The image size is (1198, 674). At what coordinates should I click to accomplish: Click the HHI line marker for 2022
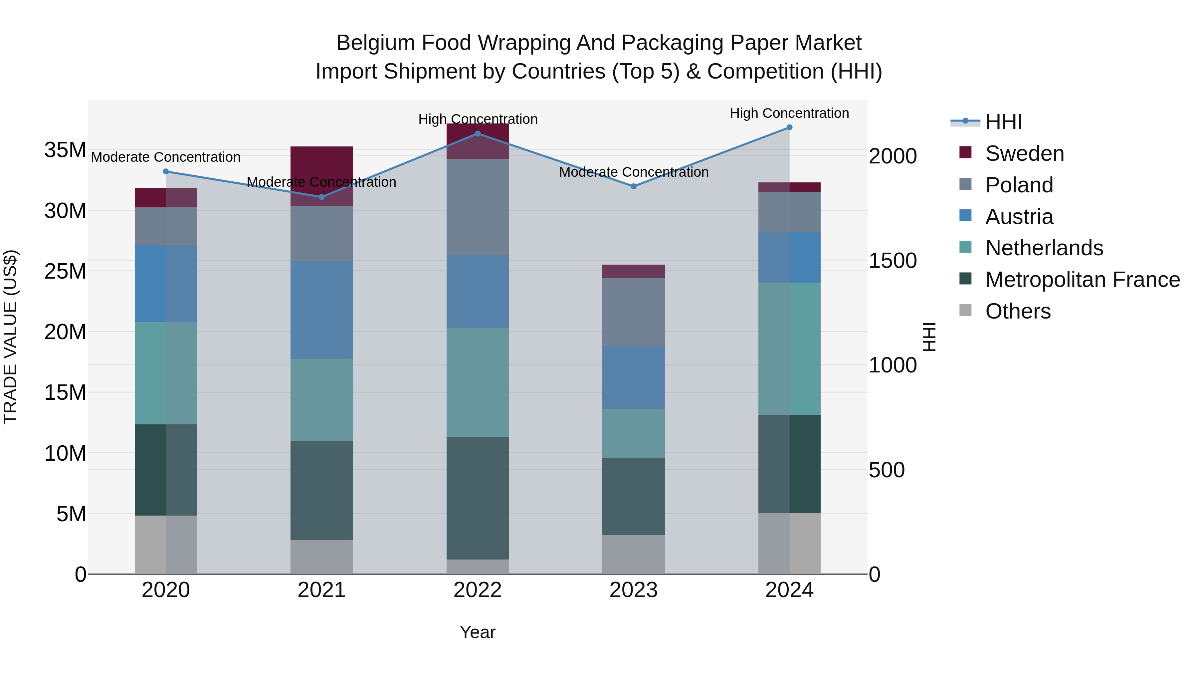tap(477, 134)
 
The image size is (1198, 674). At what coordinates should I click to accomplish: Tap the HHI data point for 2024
tap(789, 127)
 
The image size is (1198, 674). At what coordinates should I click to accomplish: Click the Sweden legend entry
tap(1024, 153)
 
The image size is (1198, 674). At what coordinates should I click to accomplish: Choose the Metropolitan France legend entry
tap(1082, 280)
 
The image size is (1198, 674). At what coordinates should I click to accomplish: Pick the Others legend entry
tap(1018, 311)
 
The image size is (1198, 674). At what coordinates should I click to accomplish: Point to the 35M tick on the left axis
tap(65, 150)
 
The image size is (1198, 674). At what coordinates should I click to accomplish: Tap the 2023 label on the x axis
tap(633, 590)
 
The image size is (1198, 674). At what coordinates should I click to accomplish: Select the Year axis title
tap(477, 632)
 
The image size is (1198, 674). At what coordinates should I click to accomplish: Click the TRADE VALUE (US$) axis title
tap(10, 337)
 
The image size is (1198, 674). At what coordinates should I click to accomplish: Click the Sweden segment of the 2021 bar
tap(321, 163)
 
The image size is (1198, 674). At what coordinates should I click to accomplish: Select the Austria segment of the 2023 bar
tap(633, 377)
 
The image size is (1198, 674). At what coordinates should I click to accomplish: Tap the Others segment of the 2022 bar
tap(477, 566)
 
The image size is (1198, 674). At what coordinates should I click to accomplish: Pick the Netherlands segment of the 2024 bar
tap(789, 348)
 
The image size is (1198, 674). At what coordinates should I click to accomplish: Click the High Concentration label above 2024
tap(789, 113)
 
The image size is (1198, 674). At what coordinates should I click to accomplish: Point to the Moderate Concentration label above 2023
tap(633, 172)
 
